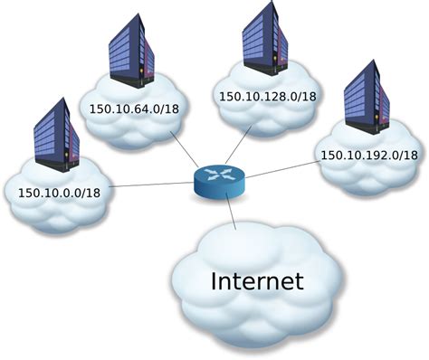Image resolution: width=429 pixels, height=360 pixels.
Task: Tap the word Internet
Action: pyautogui.click(x=257, y=280)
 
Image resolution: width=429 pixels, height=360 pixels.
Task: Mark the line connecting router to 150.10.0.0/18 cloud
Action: pyautogui.click(x=154, y=185)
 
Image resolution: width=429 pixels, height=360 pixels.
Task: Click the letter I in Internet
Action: pyautogui.click(x=215, y=280)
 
